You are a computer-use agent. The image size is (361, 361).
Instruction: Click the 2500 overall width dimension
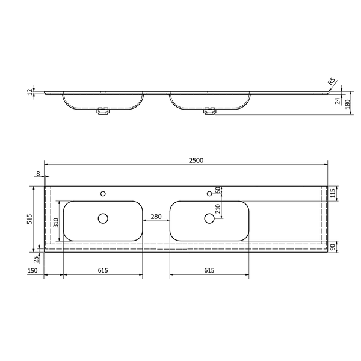(196, 161)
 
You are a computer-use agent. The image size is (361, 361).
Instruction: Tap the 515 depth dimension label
(30, 219)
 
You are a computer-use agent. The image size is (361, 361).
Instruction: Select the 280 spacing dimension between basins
(156, 217)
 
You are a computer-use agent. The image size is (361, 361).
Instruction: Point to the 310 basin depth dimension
(56, 223)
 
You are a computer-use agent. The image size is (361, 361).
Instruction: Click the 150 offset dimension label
(32, 270)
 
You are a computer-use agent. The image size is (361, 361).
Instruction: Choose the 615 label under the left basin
(103, 270)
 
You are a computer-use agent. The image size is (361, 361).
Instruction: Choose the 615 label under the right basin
(209, 270)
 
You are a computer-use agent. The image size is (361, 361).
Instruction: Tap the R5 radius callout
(331, 81)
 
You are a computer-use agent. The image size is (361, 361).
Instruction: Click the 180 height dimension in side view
(348, 104)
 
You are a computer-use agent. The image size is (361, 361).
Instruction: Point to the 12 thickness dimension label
(31, 92)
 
